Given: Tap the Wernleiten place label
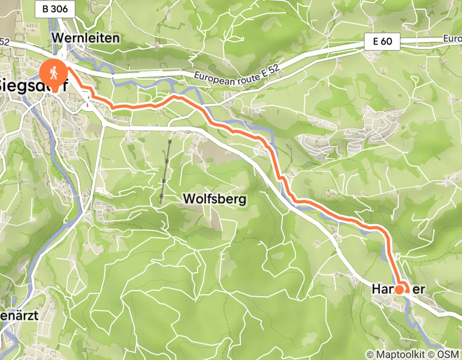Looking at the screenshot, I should [85, 38].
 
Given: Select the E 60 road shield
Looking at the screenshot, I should [382, 43].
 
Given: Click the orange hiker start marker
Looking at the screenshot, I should [54, 73].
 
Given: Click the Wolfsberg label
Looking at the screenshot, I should [215, 199].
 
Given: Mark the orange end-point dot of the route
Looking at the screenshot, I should [399, 290].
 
